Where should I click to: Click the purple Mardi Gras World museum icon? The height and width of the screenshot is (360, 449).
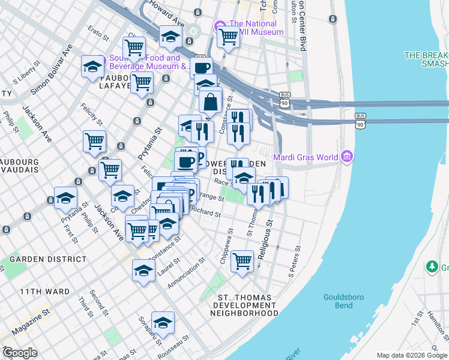tap(346, 158)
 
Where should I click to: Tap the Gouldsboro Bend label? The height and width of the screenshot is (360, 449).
tap(338, 301)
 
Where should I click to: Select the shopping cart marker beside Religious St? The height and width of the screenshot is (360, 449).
tap(242, 262)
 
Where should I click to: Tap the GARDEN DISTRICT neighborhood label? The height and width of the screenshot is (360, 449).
tap(48, 259)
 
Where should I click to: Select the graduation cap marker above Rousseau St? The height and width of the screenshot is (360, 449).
tap(163, 323)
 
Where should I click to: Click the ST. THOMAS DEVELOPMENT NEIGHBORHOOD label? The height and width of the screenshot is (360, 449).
tap(248, 305)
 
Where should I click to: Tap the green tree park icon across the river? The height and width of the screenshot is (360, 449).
tap(430, 266)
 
